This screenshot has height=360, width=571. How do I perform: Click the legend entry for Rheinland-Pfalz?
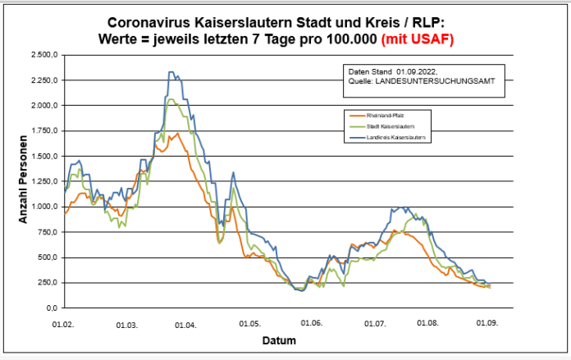(389, 116)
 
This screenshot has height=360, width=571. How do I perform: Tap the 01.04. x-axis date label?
(186, 324)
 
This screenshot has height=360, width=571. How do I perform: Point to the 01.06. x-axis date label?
(311, 324)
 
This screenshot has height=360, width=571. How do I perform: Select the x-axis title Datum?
(279, 339)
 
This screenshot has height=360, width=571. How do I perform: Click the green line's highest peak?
(172, 99)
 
